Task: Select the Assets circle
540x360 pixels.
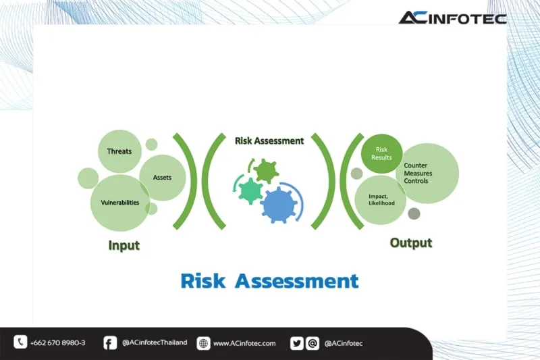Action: click(x=163, y=178)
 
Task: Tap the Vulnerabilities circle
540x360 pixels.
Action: click(x=120, y=203)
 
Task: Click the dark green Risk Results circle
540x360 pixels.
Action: click(x=381, y=153)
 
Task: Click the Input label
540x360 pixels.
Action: click(x=124, y=245)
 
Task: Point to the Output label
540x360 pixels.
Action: click(x=410, y=242)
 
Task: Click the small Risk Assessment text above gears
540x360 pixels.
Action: click(x=269, y=141)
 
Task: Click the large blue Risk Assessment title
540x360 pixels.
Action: click(x=269, y=280)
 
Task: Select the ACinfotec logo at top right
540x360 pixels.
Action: click(x=452, y=18)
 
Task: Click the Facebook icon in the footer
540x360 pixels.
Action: click(x=110, y=343)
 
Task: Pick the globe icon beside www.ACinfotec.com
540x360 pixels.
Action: click(x=203, y=343)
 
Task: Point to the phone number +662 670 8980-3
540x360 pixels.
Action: click(x=58, y=343)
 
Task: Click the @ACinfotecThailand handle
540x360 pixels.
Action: click(x=155, y=343)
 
